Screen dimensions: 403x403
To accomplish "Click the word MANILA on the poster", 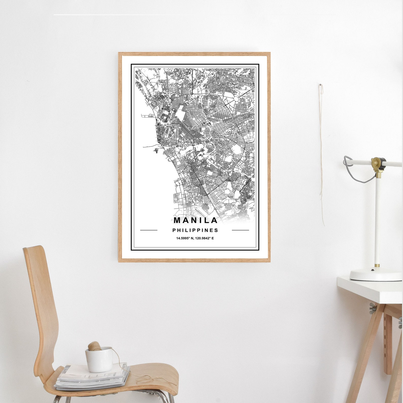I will coord(195,220).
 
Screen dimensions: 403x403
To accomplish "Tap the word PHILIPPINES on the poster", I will coord(195,230).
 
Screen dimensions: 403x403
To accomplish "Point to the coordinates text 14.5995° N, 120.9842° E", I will coord(195,238).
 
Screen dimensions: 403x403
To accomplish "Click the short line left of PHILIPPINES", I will coord(149,230).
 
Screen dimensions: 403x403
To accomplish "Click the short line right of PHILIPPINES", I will coord(240,230).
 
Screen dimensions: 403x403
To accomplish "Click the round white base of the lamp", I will coord(376,275).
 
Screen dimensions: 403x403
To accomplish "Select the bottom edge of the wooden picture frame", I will coord(194,260).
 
